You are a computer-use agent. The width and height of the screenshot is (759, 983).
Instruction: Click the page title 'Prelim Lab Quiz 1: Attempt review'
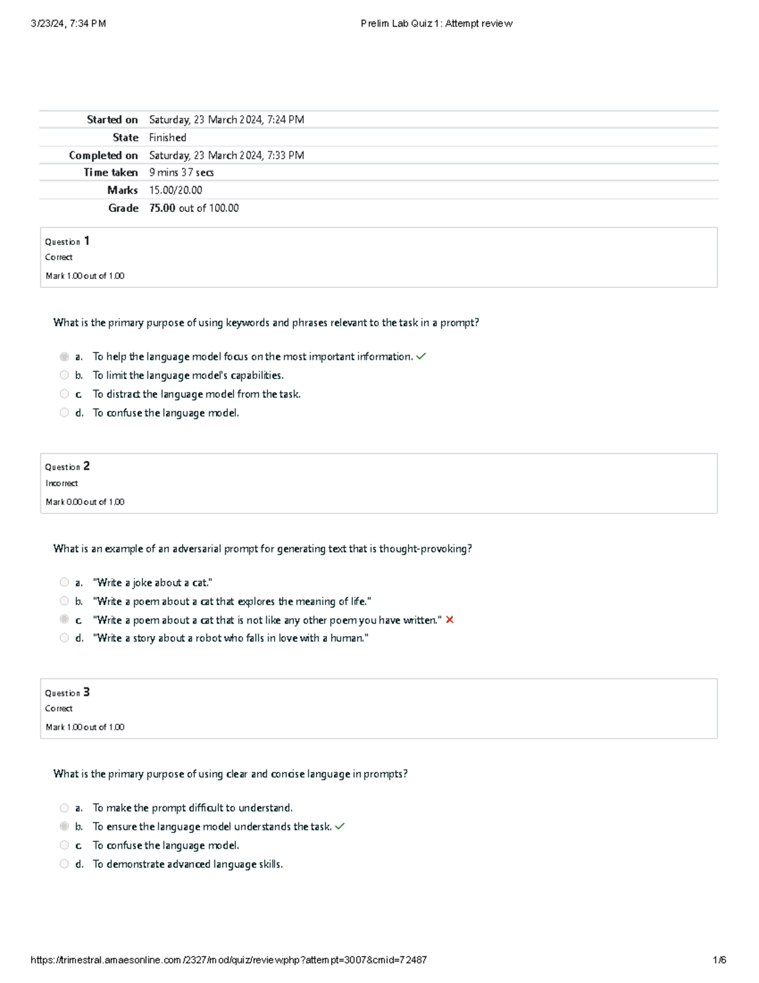[x=436, y=23]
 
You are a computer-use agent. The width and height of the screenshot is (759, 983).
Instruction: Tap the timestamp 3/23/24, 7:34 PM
[x=68, y=23]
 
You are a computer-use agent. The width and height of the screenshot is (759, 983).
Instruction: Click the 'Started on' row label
[x=112, y=120]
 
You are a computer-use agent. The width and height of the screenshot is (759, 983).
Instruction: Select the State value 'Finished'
[x=168, y=137]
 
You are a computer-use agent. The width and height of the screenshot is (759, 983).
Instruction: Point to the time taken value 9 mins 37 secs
[x=182, y=172]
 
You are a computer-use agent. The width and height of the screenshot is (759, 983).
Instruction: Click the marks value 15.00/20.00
[x=176, y=190]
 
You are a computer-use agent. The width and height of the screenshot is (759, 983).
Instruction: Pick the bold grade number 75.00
[x=162, y=208]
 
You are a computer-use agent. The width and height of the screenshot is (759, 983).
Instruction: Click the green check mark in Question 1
[x=421, y=356]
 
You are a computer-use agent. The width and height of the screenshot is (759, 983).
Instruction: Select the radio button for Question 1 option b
[x=64, y=375]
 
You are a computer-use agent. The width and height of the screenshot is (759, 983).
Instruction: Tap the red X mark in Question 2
[x=450, y=620]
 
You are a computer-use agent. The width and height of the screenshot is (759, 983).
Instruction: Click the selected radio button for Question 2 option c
[x=64, y=619]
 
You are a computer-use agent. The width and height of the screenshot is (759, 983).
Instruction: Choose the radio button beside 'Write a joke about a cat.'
[x=64, y=582]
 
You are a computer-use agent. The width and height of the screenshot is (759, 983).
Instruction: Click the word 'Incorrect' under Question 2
[x=62, y=483]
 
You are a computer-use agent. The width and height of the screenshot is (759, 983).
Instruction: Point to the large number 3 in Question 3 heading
[x=87, y=692]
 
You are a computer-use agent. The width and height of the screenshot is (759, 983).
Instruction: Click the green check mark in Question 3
[x=340, y=826]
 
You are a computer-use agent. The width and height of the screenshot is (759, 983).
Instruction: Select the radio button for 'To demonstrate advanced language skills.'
[x=64, y=863]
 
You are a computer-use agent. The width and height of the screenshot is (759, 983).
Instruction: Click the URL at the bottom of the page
[x=228, y=960]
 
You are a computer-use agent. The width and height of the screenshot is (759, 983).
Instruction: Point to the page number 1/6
[x=719, y=960]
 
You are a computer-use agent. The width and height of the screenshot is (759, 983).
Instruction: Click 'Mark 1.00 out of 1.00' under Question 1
[x=85, y=276]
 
